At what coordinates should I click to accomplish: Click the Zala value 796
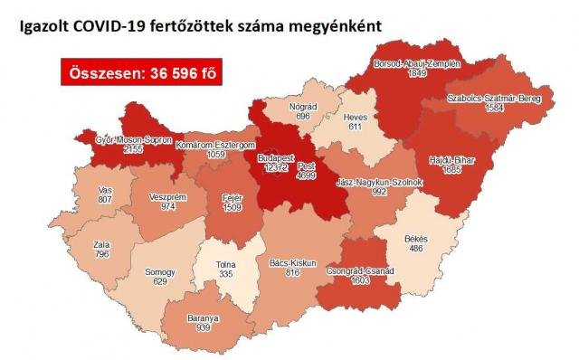[101, 254]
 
